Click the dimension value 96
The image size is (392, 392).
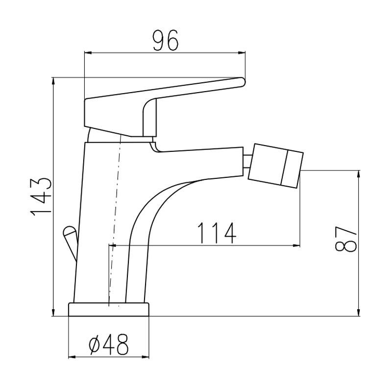tap(166, 41)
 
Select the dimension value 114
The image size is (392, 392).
tap(217, 233)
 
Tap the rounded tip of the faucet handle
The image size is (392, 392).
tap(242, 82)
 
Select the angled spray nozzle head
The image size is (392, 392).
tap(276, 166)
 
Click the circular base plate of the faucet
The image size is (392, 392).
tap(109, 310)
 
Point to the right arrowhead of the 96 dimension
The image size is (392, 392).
tap(242, 53)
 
